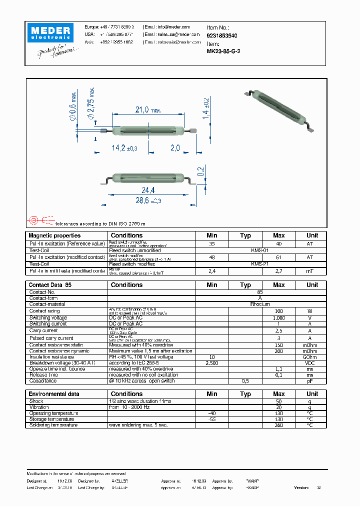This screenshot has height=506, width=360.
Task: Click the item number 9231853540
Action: click(x=222, y=36)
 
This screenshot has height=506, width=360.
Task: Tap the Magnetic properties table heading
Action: click(x=54, y=235)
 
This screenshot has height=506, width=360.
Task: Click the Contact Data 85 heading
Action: click(x=50, y=285)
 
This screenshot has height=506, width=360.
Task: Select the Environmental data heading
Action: click(x=53, y=394)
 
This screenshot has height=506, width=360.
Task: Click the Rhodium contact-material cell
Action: click(x=260, y=304)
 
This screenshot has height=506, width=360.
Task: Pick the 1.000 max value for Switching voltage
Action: click(x=278, y=317)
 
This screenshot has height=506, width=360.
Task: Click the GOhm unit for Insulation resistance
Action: click(x=310, y=357)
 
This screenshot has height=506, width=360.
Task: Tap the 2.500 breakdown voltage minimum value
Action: click(x=211, y=363)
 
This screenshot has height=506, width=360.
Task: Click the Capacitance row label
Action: click(x=43, y=381)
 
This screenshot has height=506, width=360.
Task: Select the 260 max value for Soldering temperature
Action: click(x=278, y=425)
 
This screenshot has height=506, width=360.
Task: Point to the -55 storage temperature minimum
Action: click(x=211, y=419)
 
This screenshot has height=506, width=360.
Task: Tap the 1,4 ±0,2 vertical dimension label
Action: click(x=205, y=107)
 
